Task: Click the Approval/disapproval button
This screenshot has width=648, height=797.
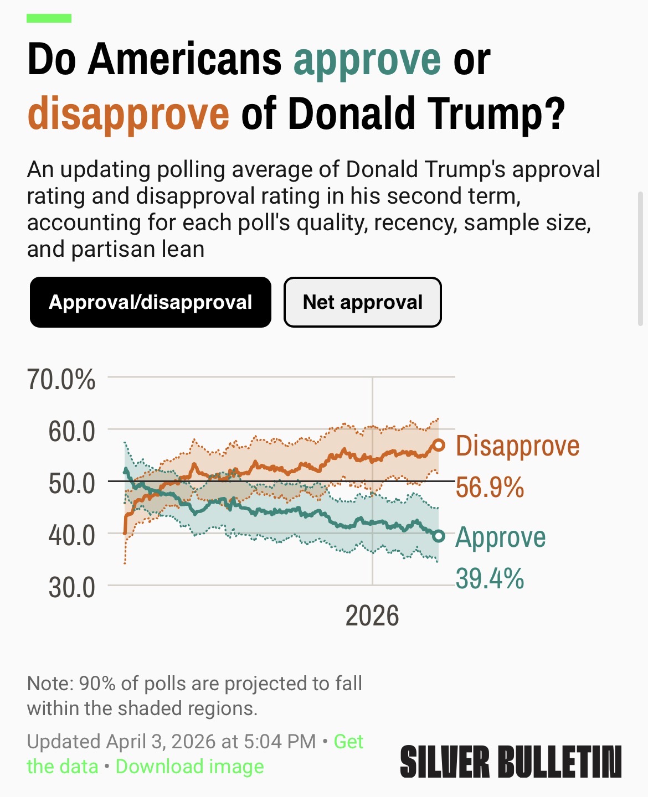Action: (150, 302)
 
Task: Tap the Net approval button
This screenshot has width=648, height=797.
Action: (362, 302)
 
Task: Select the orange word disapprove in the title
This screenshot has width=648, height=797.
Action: (128, 113)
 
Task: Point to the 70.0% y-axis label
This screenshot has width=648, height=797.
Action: (61, 380)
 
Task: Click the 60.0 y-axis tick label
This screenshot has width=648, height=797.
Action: (71, 431)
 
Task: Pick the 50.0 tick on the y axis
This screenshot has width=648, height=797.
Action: (71, 483)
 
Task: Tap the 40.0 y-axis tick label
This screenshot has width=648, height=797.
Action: (71, 535)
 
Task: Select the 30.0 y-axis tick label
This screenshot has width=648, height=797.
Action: (71, 587)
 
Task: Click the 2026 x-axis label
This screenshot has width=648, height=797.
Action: (372, 615)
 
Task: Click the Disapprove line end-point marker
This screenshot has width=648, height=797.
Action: (439, 445)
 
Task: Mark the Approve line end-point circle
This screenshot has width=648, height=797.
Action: (439, 536)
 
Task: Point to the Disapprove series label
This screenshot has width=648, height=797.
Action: (517, 446)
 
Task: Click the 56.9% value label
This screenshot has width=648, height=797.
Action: (490, 488)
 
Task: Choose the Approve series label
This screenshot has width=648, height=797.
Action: (500, 537)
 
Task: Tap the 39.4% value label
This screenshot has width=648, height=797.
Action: (490, 579)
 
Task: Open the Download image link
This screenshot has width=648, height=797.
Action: (189, 767)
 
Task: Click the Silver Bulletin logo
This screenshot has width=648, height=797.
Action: (510, 762)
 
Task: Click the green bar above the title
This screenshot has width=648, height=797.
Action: (49, 18)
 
